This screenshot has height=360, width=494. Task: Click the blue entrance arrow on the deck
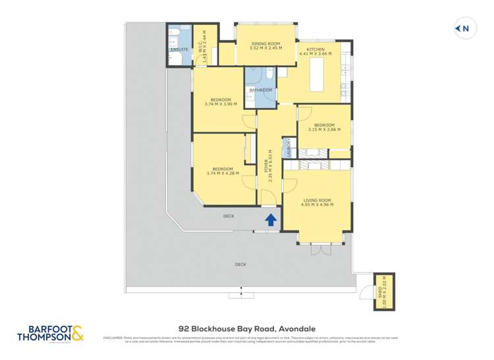point(270,220)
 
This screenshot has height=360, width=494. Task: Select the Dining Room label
point(265,43)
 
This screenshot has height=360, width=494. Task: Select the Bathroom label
point(260,90)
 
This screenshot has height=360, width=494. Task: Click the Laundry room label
point(288,147)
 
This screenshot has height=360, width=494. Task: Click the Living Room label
point(317,200)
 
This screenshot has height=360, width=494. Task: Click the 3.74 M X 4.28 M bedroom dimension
point(223,173)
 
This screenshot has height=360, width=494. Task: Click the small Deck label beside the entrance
point(229,216)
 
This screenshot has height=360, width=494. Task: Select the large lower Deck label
point(240,265)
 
